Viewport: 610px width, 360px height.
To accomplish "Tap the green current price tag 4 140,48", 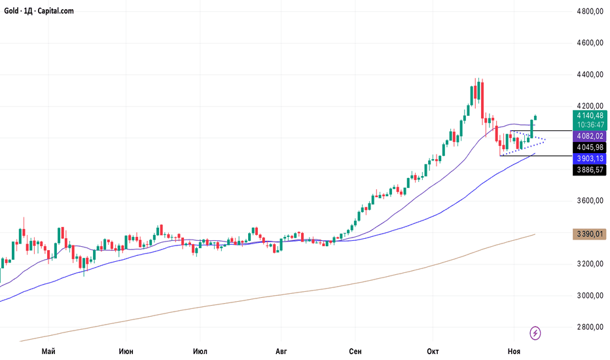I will pos(590,115).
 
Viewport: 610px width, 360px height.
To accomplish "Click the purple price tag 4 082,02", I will pos(590,135).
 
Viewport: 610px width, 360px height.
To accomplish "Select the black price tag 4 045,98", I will pos(590,147).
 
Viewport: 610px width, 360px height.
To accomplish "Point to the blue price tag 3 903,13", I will pos(590,159).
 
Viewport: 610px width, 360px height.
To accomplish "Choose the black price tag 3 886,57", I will pos(590,170).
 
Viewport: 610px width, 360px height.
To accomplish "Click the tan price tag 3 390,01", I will pos(590,233).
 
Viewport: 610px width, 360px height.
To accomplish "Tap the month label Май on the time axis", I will pos(48,351).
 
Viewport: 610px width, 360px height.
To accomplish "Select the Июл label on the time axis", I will pos(201,351).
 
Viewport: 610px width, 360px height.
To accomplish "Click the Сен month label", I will pos(355,351).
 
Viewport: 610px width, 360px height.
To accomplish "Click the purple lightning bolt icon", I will pos(535,333).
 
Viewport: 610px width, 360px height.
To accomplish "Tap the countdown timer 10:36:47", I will pos(590,125).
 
